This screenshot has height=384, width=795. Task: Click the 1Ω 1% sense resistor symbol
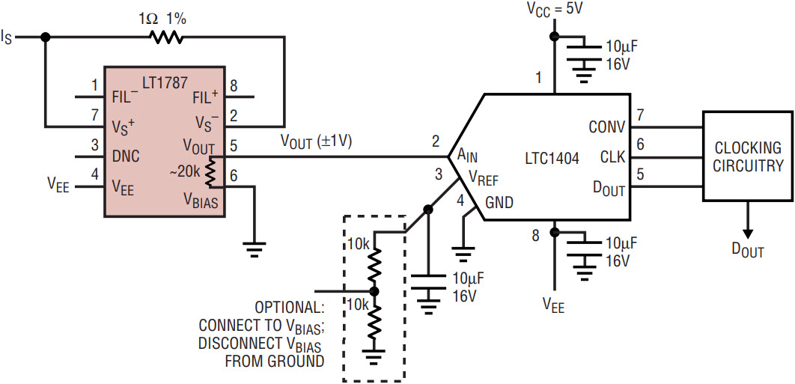pyautogui.click(x=165, y=37)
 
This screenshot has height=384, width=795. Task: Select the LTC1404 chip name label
pyautogui.click(x=552, y=159)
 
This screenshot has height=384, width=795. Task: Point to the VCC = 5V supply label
pyautogui.click(x=555, y=10)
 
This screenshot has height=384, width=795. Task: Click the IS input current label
pyautogui.click(x=9, y=37)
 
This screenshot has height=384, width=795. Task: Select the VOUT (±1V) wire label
pyautogui.click(x=316, y=140)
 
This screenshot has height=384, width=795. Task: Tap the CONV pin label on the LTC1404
pyautogui.click(x=606, y=127)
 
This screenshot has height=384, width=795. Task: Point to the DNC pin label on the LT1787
pyautogui.click(x=124, y=156)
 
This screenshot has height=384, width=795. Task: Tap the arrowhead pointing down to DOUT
pyautogui.click(x=748, y=232)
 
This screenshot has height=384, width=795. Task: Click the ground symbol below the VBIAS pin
pyautogui.click(x=256, y=249)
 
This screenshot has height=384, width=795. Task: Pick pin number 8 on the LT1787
pyautogui.click(x=234, y=85)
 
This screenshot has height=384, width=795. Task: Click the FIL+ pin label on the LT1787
pyautogui.click(x=204, y=97)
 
